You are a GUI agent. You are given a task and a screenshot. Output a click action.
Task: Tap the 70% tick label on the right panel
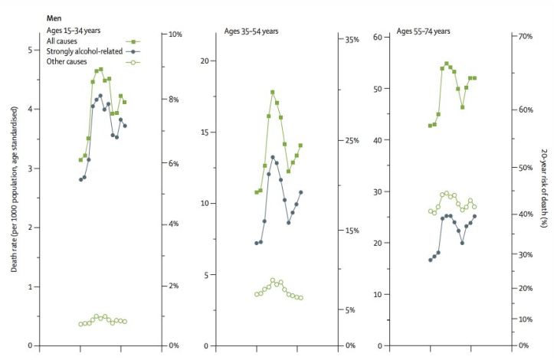tap(526, 37)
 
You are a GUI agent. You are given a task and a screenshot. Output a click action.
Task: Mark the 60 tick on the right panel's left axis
tap(378, 38)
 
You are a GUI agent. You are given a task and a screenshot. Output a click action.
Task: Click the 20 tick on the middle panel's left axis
tap(205, 61)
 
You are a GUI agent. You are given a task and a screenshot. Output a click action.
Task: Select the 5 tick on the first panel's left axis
tap(31, 50)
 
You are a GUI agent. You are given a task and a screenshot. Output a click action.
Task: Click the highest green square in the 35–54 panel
tap(272, 92)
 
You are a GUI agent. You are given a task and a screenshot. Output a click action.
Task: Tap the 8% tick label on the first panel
tap(175, 100)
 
